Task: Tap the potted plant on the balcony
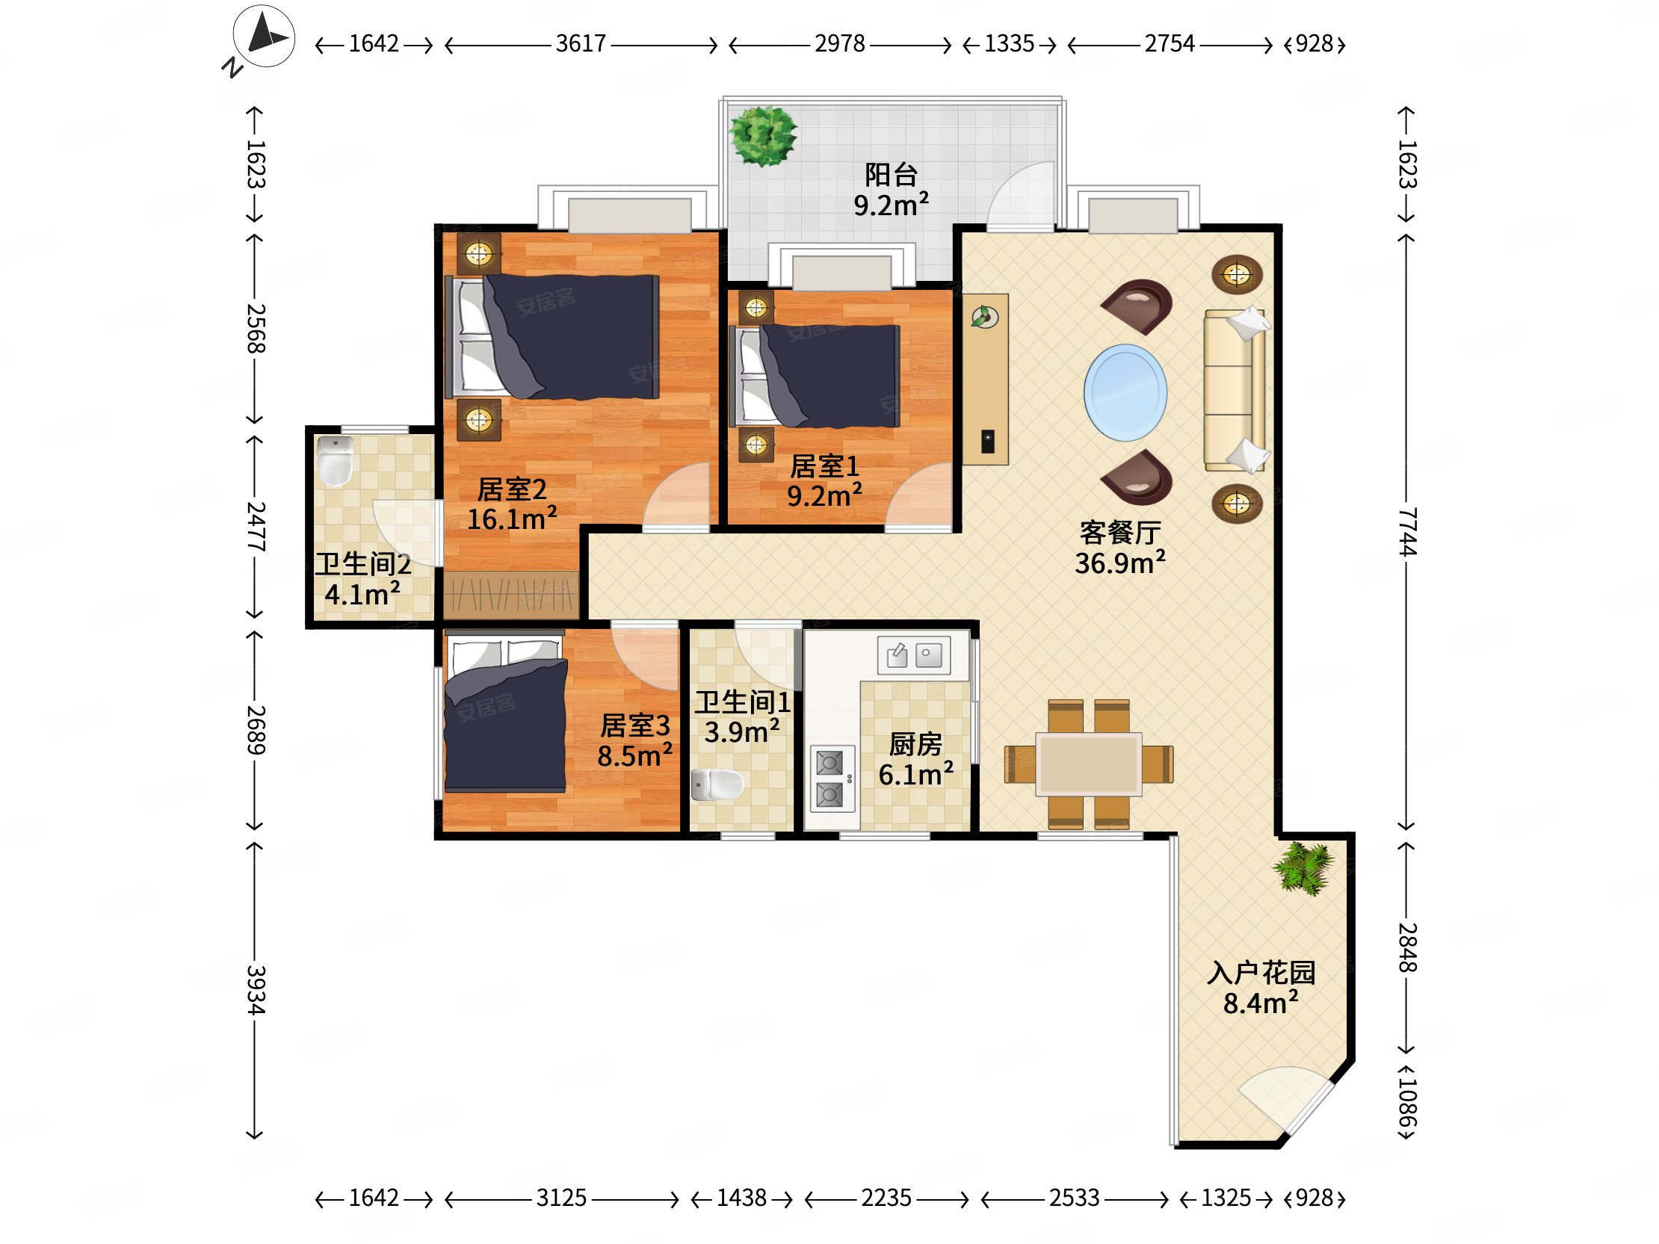(x=764, y=136)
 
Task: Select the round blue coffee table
(x=1125, y=392)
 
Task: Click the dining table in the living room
(x=1089, y=764)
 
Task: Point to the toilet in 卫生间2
(x=336, y=460)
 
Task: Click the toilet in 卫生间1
(x=717, y=785)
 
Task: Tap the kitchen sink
(x=913, y=655)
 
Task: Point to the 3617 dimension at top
(x=581, y=43)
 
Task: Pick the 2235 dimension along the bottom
(x=886, y=1198)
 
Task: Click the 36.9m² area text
(x=1119, y=563)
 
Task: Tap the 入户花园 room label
(x=1261, y=973)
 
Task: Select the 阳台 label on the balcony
(x=891, y=175)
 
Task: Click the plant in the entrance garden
(x=1304, y=868)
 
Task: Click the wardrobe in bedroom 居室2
(x=510, y=595)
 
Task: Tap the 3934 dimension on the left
(x=256, y=990)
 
